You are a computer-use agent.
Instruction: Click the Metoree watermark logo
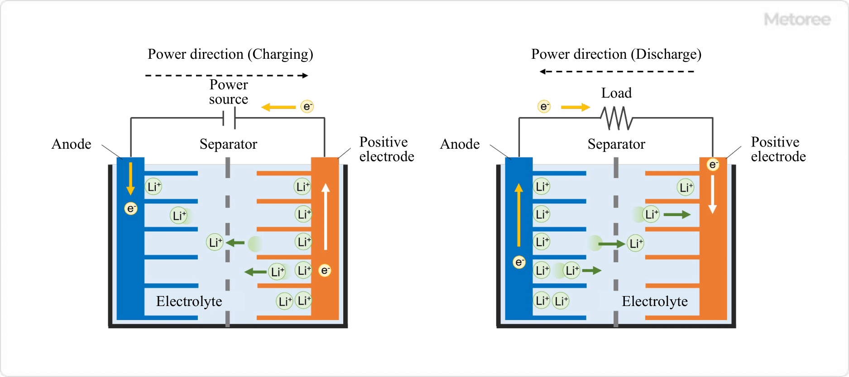[797, 19]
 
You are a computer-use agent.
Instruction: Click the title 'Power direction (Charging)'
[230, 54]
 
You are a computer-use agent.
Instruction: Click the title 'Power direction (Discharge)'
[616, 54]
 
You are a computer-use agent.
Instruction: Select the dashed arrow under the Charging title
[226, 75]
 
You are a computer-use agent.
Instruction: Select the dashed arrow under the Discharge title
[617, 71]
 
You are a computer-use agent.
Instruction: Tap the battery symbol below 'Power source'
[229, 118]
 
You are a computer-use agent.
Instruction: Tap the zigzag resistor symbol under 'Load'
[616, 118]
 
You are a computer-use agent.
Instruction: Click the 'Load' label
[616, 93]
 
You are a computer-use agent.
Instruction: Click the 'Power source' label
[229, 92]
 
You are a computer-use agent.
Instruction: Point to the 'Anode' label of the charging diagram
[72, 144]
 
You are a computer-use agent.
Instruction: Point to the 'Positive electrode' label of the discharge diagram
[778, 149]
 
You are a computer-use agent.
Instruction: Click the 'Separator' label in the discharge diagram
[616, 144]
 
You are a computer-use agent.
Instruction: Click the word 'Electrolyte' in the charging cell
[189, 302]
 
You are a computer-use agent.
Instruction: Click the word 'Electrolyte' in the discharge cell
[654, 302]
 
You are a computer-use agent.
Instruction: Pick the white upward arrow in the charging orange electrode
[326, 217]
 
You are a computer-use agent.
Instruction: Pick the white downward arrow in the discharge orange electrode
[712, 194]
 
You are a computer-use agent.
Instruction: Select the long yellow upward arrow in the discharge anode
[519, 215]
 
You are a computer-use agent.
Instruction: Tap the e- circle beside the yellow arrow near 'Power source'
[307, 107]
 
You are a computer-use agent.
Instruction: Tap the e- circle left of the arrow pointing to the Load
[544, 107]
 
